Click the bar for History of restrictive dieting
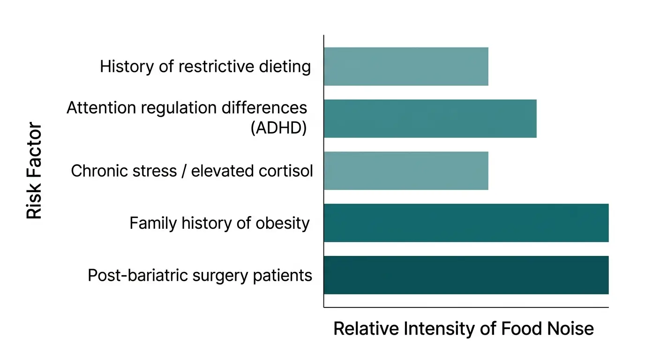coord(406,66)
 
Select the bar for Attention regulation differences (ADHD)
coord(430,119)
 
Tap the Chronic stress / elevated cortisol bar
coord(406,171)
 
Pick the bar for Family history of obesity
coord(466,223)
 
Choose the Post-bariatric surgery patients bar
coord(466,275)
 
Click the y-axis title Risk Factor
coord(34,171)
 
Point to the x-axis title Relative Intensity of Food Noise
coord(463,329)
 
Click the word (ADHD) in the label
coord(278,127)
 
